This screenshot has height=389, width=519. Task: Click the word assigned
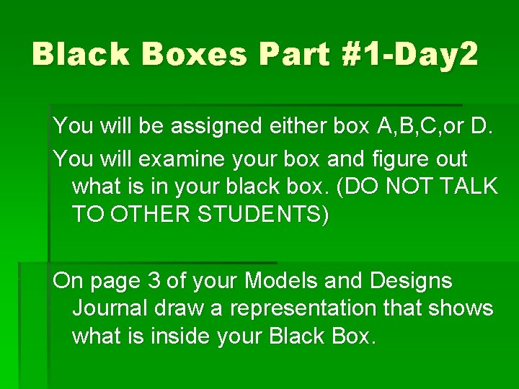[x=226, y=127]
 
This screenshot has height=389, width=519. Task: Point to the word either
[x=303, y=127]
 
